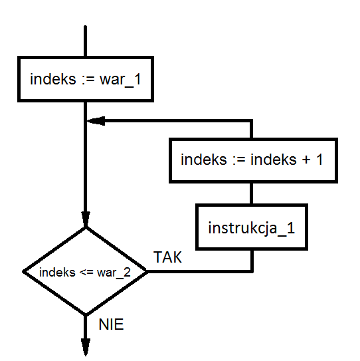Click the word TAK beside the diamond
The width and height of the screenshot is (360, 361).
[x=167, y=257]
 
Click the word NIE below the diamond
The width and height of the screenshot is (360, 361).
[x=111, y=324]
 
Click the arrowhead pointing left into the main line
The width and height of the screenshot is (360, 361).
[x=96, y=121]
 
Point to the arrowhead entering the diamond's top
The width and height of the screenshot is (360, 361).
[x=86, y=219]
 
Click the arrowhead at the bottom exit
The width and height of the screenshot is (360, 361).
[x=86, y=347]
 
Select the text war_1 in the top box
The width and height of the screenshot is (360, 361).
[x=120, y=80]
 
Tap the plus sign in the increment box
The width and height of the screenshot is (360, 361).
[x=306, y=160]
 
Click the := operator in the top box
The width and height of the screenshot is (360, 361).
[x=88, y=80]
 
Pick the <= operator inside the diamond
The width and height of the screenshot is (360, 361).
[x=86, y=273]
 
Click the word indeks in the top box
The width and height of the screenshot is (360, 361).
[x=53, y=79]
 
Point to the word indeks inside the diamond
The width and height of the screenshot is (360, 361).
[x=57, y=272]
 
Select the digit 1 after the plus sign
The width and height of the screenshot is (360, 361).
[x=319, y=160]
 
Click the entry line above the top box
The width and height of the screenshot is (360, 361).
[x=85, y=41]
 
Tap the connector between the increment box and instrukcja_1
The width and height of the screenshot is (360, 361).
[x=252, y=193]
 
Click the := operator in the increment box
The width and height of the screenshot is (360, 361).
[x=239, y=160]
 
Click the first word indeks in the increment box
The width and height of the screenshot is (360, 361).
[x=204, y=160]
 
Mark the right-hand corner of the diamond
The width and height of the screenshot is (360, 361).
[x=147, y=272]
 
